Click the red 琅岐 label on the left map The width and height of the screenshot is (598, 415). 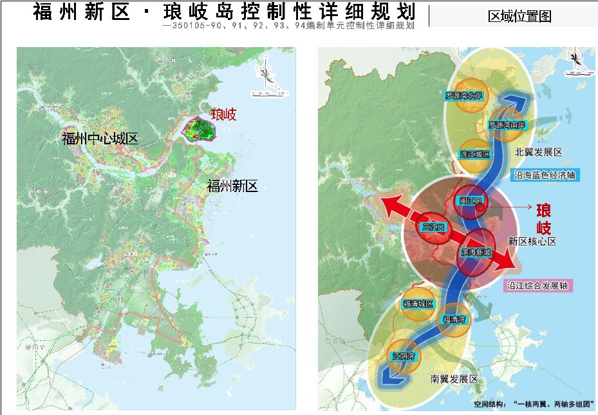pos(223,115)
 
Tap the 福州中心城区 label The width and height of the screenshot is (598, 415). pos(100,138)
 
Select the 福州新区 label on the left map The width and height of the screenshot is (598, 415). pos(232,186)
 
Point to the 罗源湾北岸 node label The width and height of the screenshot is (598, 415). pos(468,95)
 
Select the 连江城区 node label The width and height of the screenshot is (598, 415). pos(475,155)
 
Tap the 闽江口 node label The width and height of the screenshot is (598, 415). pos(471,201)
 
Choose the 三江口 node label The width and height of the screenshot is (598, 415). pos(434,227)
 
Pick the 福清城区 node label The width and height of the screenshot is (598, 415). pos(418,304)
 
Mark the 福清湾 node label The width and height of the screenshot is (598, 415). pos(454,319)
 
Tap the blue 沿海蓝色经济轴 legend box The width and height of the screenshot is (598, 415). pos(545,175)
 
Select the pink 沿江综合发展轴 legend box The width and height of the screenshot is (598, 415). pos(539,285)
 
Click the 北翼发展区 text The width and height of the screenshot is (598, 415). pos(539,153)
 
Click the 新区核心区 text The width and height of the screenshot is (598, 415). pos(532,241)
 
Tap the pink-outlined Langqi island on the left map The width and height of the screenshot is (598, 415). pos(199,128)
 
